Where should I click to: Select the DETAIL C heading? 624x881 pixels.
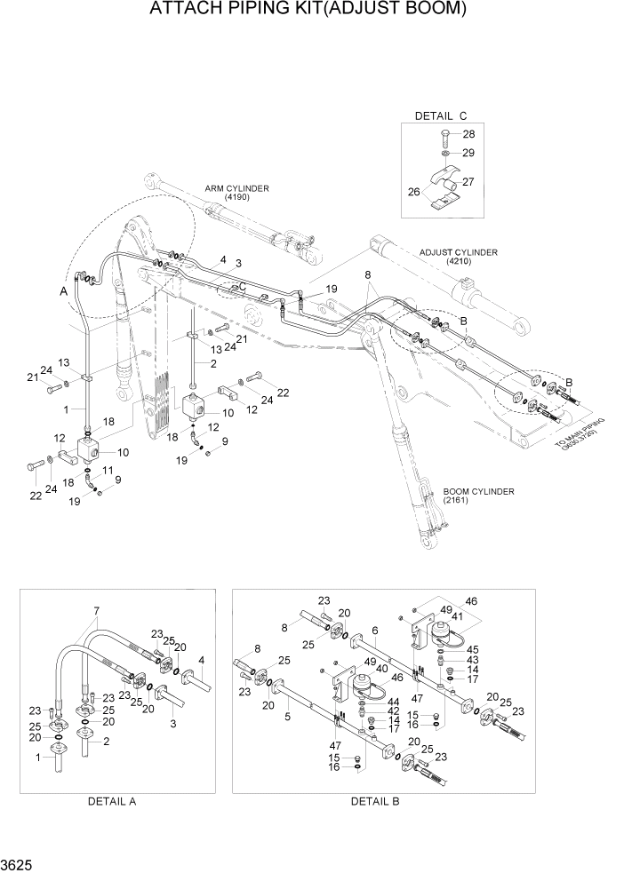[x=440, y=116]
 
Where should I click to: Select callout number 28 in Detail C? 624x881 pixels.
[x=468, y=134]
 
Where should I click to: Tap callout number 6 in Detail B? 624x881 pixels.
[x=376, y=630]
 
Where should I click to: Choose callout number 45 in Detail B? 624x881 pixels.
[x=473, y=648]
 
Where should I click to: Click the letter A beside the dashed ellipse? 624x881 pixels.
[x=62, y=290]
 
